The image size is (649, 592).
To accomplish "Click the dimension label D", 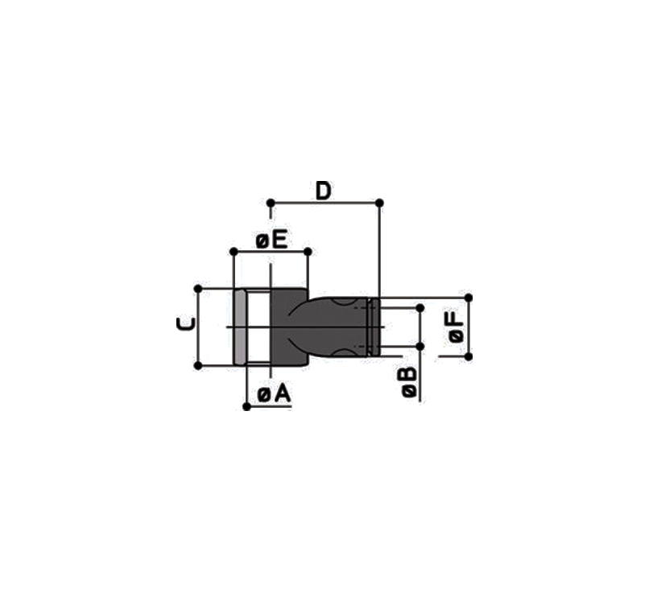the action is point(323,191).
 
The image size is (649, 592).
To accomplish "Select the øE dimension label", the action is point(271,240).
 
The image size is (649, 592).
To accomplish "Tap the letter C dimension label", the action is point(185,323).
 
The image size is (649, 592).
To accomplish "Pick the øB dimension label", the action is point(409,381).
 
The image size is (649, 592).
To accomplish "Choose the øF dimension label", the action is point(456,327).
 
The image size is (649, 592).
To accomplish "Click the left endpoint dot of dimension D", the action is point(271,203).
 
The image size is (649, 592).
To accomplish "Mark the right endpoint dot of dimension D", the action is point(379,203).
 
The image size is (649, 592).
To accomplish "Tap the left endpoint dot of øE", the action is point(234,251).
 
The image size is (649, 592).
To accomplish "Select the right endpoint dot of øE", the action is point(308,251).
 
